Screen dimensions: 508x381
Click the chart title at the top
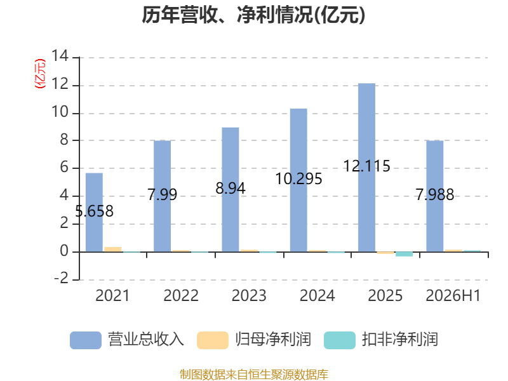(253, 15)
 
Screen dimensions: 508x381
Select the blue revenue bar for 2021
(94, 213)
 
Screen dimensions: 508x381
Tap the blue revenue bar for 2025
(367, 168)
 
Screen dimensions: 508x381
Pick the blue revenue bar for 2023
(231, 189)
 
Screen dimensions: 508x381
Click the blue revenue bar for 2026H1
(435, 196)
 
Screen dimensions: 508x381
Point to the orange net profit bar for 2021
(113, 250)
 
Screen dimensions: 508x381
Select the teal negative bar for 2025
(404, 254)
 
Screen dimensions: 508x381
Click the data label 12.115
(367, 166)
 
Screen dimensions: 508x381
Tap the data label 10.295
(298, 179)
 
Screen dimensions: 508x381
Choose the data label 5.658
(94, 211)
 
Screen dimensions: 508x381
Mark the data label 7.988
(435, 194)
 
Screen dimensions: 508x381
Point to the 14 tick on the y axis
(60, 56)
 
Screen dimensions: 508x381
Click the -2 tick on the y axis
(61, 278)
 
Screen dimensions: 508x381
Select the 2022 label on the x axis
(181, 295)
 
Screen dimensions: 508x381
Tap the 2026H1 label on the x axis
(453, 295)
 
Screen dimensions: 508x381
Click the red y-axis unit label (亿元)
(40, 74)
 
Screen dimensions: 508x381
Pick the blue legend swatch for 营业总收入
(86, 340)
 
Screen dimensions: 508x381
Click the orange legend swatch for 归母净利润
(213, 340)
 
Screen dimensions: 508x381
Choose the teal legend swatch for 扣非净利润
(340, 340)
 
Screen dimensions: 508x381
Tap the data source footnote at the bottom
(254, 375)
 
